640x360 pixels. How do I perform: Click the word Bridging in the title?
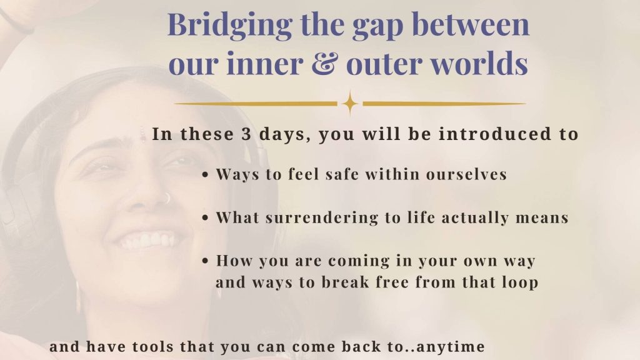[230, 25]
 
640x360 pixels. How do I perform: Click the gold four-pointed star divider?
[350, 104]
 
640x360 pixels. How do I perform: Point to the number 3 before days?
[246, 134]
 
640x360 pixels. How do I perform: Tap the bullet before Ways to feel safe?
[205, 175]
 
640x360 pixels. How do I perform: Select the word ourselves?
[466, 174]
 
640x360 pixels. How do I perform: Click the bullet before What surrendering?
[205, 218]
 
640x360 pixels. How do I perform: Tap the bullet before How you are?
[205, 261]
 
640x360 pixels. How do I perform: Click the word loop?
[520, 282]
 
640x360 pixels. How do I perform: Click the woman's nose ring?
[167, 198]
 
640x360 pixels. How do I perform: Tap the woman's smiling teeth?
[147, 241]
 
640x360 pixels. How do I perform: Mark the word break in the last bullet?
[345, 282]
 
